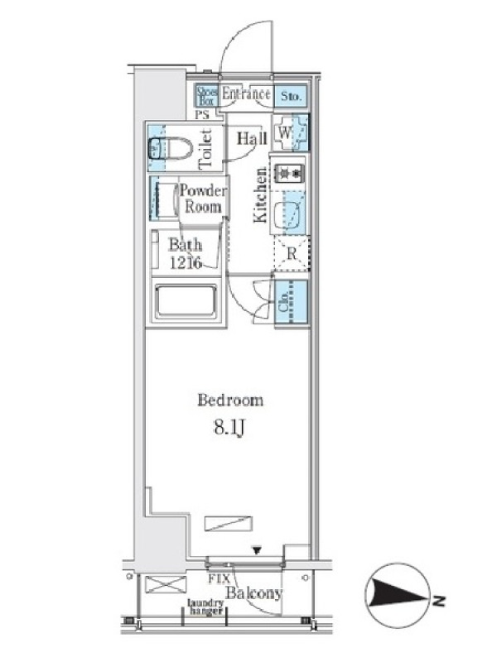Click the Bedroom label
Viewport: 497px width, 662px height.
coord(230,400)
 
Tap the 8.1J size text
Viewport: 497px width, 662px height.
coord(229,428)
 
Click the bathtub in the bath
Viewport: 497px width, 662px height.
coord(186,301)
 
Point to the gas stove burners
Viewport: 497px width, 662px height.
coord(289,173)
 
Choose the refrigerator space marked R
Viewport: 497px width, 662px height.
coord(292,253)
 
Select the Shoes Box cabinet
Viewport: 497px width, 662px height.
coord(207,96)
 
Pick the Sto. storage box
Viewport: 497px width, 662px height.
coord(292,96)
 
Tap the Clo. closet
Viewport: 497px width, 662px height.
coord(292,301)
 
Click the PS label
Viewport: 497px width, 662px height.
coord(202,114)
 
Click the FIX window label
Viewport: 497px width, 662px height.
coord(219,578)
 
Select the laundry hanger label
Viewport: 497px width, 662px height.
coord(205,607)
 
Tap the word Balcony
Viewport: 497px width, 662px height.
coord(253,593)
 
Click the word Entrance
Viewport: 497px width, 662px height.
coord(246,94)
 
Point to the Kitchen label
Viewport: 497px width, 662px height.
coord(260,194)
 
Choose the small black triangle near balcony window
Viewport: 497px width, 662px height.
coord(256,550)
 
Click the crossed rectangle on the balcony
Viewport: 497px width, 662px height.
coord(165,585)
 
